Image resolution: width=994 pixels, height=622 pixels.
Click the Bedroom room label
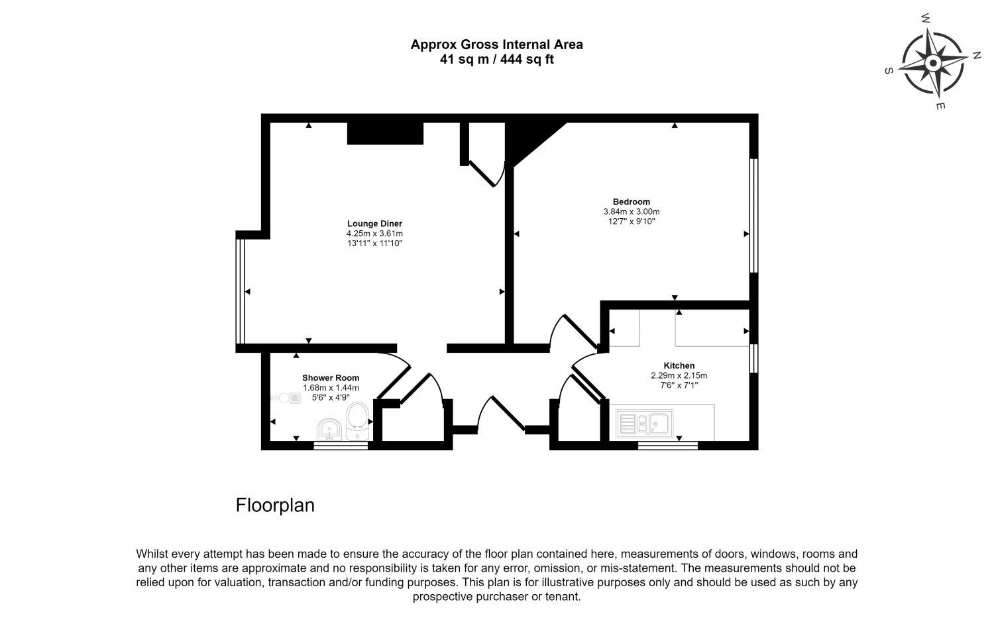tap(632, 202)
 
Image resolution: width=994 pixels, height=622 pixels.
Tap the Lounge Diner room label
tap(374, 223)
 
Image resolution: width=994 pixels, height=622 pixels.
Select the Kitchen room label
tap(679, 365)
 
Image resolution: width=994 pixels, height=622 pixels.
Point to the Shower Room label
tap(331, 378)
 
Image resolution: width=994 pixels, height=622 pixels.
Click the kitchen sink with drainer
tap(644, 424)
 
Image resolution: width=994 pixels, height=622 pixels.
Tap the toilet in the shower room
tap(357, 421)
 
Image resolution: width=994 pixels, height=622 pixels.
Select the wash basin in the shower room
tap(329, 429)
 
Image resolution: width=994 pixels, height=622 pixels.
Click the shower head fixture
tap(286, 398)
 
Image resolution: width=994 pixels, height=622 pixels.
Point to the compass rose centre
tap(933, 63)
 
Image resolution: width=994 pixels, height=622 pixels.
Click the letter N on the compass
tap(977, 56)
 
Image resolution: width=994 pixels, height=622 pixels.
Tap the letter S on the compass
tap(889, 71)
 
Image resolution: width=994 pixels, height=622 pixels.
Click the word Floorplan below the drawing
tap(275, 505)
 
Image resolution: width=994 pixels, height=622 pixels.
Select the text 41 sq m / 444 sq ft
tap(496, 59)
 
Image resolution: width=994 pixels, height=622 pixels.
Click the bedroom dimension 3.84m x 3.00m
tap(632, 212)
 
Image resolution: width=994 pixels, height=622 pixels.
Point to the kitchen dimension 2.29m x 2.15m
tap(679, 375)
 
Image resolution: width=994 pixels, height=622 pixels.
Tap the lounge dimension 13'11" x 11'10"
tap(374, 243)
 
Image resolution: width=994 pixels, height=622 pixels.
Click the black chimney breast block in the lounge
tap(385, 133)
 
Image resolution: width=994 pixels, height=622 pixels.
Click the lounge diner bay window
tap(240, 291)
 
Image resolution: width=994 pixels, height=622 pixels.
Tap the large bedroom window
tap(753, 216)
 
